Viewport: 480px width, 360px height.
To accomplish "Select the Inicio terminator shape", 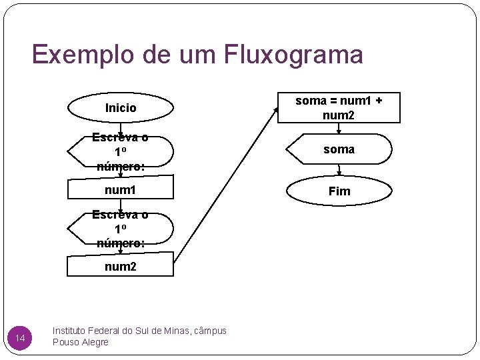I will pos(121,107).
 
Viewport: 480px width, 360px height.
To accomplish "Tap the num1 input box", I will pos(121,191).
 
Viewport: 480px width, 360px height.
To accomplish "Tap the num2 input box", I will pos(121,267).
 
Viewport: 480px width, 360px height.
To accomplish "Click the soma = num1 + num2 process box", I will pos(339,108).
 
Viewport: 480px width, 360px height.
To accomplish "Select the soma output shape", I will pos(339,149).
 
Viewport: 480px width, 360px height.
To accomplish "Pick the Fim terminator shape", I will pos(339,191).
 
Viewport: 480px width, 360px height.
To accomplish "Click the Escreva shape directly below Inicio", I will pos(121,152).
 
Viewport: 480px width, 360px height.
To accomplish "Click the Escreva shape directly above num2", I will pos(121,229).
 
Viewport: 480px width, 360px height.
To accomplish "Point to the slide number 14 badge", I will pos(20,340).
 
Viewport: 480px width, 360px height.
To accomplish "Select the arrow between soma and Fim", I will pos(339,171).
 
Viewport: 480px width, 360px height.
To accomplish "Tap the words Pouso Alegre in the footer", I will pos(80,343).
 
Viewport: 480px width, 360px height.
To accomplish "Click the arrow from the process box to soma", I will pos(339,129).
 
